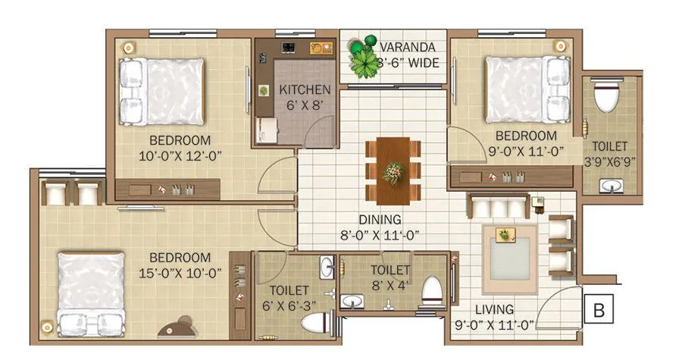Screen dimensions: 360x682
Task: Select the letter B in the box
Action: point(598,309)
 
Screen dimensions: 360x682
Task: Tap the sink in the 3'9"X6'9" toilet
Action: point(610,186)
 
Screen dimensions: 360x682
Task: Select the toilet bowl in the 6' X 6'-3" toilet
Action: point(313,324)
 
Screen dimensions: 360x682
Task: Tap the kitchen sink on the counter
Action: point(321,48)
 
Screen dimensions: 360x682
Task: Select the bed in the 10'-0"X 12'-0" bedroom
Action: point(161,91)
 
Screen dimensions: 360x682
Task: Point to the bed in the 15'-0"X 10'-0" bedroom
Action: point(92,293)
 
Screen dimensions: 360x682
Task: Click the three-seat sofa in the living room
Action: point(498,206)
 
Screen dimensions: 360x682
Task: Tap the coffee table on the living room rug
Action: point(504,236)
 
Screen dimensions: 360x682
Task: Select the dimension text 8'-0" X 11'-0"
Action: point(380,235)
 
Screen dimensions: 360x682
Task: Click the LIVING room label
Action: point(494,309)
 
